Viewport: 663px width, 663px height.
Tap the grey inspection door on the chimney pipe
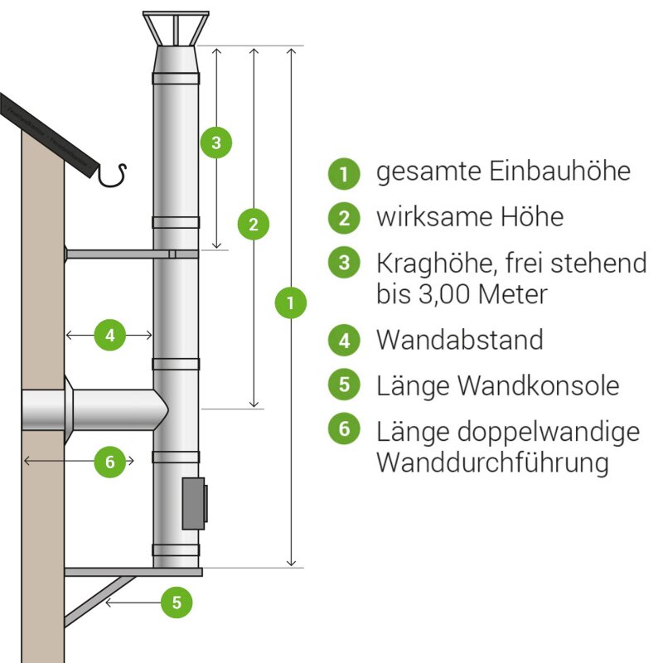[x=194, y=503]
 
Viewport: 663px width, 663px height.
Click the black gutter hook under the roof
[x=113, y=175]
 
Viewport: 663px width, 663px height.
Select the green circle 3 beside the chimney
[x=215, y=143]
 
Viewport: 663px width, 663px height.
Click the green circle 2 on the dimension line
[x=254, y=223]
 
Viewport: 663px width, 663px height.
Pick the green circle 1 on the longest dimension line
[x=290, y=302]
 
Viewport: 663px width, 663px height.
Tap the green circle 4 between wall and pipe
[x=109, y=335]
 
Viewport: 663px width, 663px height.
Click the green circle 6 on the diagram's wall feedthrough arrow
[x=109, y=461]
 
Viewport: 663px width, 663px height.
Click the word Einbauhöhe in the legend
[x=559, y=172]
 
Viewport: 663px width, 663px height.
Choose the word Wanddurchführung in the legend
[x=492, y=462]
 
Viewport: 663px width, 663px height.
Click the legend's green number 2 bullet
[x=344, y=218]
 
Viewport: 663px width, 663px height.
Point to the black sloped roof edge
[x=50, y=133]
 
